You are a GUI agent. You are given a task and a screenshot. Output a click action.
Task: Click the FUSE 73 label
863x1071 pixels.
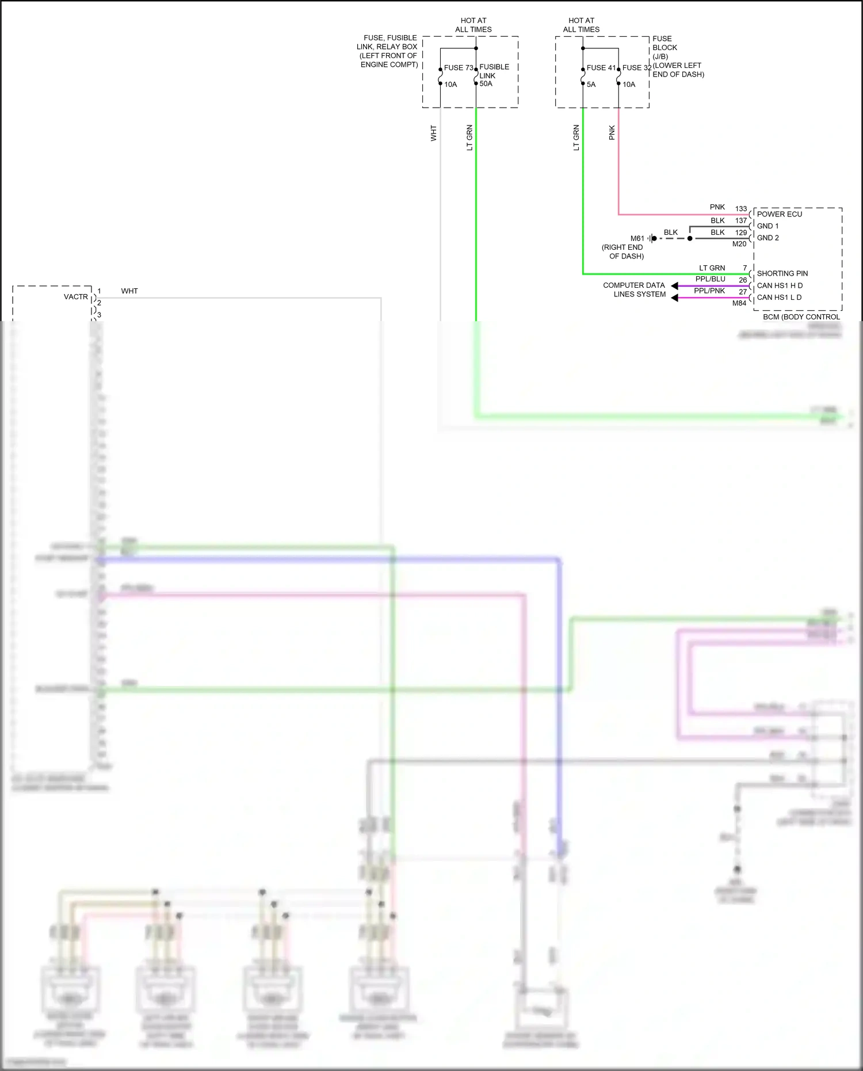coord(458,68)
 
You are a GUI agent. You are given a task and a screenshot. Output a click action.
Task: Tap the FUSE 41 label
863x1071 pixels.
coord(601,68)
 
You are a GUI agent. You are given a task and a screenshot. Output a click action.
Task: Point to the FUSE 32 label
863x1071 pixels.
coord(636,68)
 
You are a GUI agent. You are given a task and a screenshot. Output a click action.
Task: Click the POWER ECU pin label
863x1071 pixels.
coord(779,214)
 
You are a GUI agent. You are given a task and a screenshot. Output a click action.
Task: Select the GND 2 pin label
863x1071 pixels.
coord(767,238)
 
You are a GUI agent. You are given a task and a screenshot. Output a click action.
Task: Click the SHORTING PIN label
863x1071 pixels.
coord(782,273)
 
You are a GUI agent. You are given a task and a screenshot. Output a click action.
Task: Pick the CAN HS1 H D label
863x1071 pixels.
coord(779,285)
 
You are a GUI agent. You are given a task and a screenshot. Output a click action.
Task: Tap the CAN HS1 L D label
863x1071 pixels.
coord(778,298)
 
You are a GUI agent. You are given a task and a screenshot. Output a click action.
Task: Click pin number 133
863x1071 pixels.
coord(740,209)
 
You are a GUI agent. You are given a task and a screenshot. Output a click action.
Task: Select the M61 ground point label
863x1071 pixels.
coord(637,238)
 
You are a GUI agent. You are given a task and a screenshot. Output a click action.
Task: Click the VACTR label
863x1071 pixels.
coord(76,297)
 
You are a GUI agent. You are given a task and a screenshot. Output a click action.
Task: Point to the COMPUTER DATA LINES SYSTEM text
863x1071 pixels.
coord(634,289)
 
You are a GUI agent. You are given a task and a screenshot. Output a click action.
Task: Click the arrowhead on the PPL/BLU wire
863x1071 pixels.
coord(675,286)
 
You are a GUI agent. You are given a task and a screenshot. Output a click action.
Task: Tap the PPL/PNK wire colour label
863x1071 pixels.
coord(709,291)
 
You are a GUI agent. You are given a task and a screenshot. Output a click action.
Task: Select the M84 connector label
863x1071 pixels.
coord(739,303)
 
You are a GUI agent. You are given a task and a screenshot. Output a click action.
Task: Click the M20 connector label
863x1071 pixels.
coord(739,244)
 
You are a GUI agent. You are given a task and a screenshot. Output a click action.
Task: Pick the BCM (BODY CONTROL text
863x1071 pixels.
coord(801,317)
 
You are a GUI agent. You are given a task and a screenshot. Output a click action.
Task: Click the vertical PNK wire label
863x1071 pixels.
coord(612,133)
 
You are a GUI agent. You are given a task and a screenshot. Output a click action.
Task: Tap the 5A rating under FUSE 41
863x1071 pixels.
coord(591,85)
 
